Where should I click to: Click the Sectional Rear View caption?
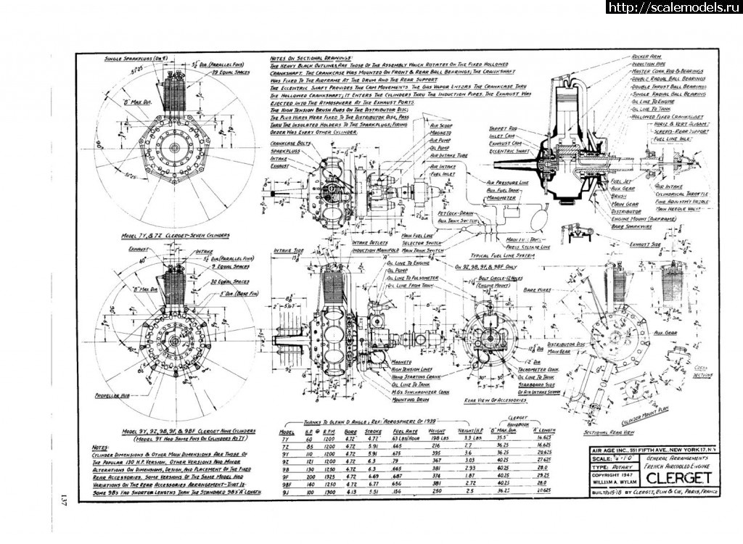[594, 432]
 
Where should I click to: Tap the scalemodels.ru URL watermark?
[668, 7]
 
